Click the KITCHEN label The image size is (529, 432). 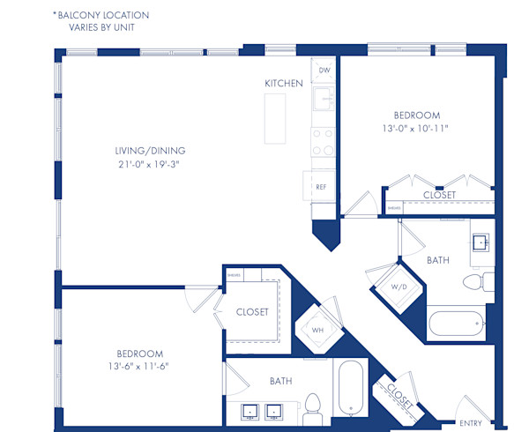point(284,84)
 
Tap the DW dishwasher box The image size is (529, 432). point(324,70)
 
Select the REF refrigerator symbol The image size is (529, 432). point(321,187)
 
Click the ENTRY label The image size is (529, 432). point(472,423)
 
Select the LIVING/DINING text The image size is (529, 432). point(144,150)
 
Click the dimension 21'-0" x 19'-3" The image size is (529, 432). point(144,163)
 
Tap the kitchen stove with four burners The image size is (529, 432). point(323,141)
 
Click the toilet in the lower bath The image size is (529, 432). point(311,406)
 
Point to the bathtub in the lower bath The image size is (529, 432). point(351,390)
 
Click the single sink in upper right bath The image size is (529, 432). point(481,243)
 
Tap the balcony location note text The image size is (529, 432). point(101,21)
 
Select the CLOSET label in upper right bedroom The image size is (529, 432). point(439,195)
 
